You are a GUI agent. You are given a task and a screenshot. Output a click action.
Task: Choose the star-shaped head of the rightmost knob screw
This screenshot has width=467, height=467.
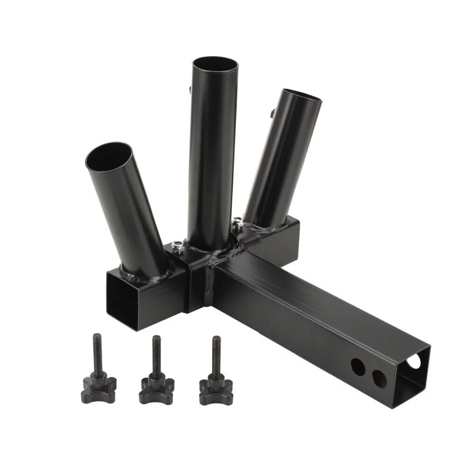[x=215, y=388]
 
